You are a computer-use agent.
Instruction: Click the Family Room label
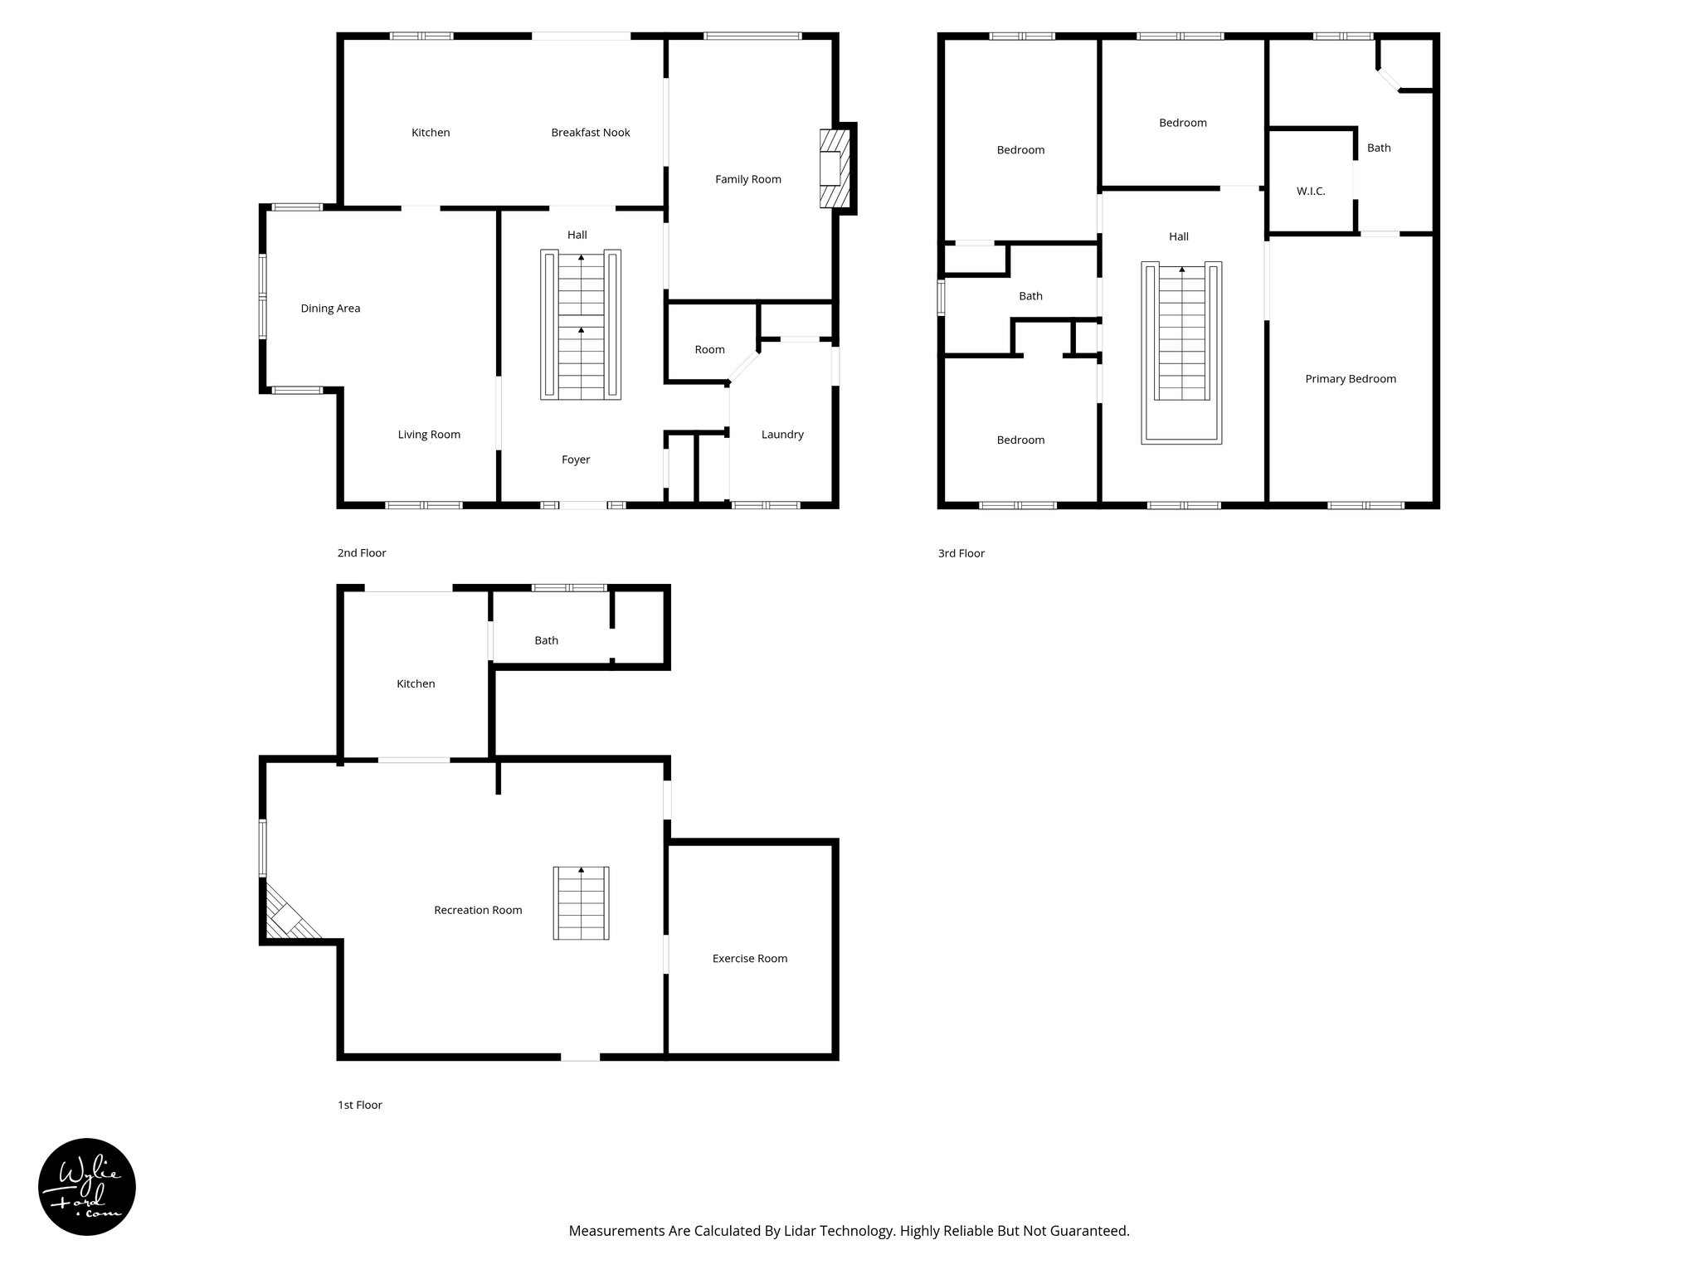pyautogui.click(x=747, y=179)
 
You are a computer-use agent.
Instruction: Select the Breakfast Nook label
pyautogui.click(x=590, y=133)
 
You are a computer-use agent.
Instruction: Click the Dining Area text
pyautogui.click(x=330, y=309)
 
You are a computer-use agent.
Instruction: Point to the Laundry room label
pyautogui.click(x=781, y=435)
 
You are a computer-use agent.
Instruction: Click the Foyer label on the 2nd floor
pyautogui.click(x=575, y=460)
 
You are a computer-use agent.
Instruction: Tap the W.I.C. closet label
pyautogui.click(x=1310, y=192)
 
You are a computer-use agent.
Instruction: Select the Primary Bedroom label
pyautogui.click(x=1350, y=379)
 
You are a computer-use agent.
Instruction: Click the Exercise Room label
pyautogui.click(x=749, y=959)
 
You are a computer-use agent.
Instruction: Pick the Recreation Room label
pyautogui.click(x=478, y=911)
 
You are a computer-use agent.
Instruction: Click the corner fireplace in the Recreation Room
pyautogui.click(x=286, y=917)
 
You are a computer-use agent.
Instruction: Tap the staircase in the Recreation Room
pyautogui.click(x=581, y=903)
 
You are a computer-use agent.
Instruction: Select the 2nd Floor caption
pyautogui.click(x=361, y=553)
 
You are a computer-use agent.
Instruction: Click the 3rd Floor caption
pyautogui.click(x=961, y=553)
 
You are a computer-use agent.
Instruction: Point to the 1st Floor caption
pyautogui.click(x=359, y=1105)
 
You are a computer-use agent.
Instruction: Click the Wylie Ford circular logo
pyautogui.click(x=87, y=1187)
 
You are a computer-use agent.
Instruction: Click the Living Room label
pyautogui.click(x=428, y=435)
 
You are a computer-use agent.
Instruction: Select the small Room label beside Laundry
pyautogui.click(x=709, y=350)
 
